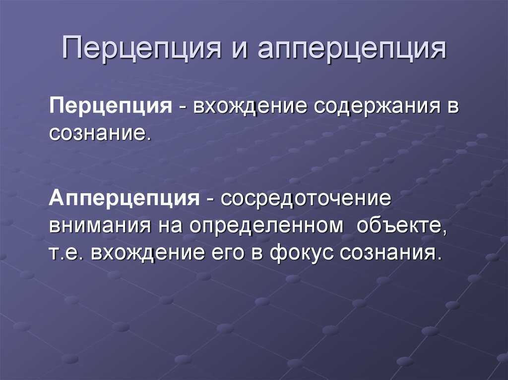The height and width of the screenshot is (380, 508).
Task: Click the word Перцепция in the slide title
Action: tap(142, 49)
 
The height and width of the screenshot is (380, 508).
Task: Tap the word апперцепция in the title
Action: tap(352, 49)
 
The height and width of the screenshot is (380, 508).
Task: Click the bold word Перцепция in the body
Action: tap(111, 106)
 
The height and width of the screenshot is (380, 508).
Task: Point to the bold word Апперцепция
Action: tap(125, 198)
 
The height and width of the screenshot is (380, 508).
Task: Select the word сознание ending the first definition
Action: tap(101, 133)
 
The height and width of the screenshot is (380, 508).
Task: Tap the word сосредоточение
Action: tap(306, 198)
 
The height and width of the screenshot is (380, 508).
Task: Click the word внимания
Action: tap(100, 225)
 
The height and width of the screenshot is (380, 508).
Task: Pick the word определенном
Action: tap(266, 225)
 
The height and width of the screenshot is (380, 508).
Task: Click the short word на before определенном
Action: tap(170, 226)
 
